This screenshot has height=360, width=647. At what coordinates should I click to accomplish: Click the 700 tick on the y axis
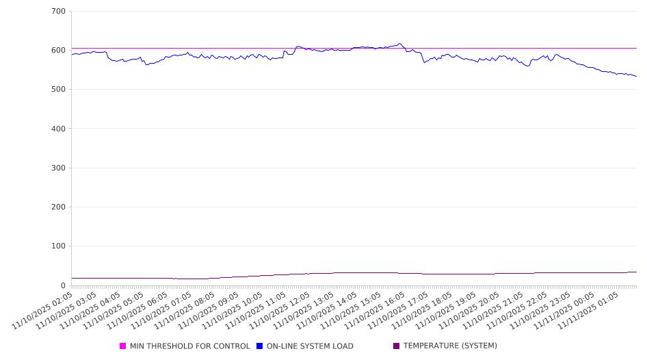[58, 12]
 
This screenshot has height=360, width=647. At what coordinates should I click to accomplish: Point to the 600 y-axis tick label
[58, 51]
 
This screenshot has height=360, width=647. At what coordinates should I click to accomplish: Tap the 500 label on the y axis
[58, 90]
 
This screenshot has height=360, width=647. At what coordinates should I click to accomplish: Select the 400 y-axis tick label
[58, 129]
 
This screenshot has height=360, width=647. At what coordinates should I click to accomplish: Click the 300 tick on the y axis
[58, 168]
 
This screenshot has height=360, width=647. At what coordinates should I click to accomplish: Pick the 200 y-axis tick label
[58, 207]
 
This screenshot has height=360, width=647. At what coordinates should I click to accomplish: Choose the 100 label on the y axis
[58, 246]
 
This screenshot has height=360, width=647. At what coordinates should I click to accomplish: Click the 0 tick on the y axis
[63, 285]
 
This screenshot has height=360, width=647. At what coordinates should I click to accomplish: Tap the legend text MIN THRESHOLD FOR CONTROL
[189, 346]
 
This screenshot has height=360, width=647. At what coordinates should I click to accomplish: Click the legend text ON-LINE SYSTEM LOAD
[310, 346]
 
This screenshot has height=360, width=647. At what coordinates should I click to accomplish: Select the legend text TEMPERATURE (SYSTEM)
[450, 346]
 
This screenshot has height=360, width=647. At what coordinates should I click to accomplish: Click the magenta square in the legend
[123, 346]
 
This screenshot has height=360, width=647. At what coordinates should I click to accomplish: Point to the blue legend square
[260, 346]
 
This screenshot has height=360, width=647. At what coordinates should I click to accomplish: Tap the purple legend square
[396, 346]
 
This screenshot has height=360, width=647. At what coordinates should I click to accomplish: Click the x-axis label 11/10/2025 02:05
[42, 309]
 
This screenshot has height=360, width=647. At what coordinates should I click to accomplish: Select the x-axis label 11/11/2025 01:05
[589, 309]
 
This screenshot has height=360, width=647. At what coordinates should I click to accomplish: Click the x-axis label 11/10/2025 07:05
[161, 309]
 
